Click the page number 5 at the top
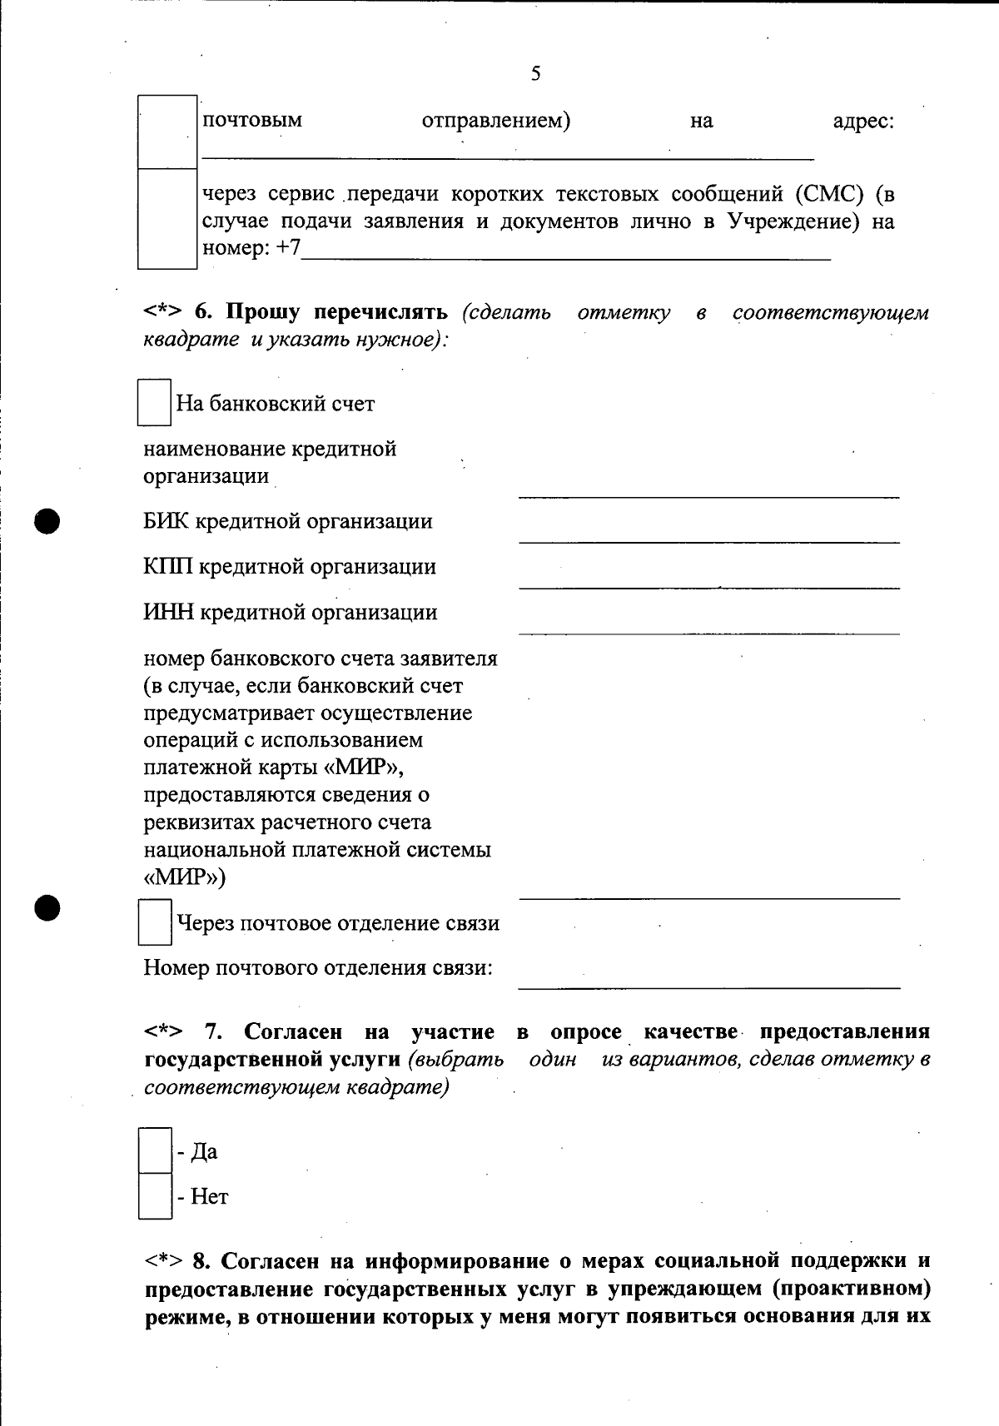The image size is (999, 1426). coord(535,74)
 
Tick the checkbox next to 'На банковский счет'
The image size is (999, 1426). coord(154,403)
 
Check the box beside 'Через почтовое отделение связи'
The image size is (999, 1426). coord(155,922)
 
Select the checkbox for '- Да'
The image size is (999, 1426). coord(155,1150)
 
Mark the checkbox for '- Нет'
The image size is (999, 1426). coord(155,1196)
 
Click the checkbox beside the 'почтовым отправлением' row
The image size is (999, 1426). coord(167,132)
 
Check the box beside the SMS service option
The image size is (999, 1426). coord(167,219)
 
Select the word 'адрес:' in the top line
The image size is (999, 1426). coord(863,122)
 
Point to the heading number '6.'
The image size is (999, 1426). coord(204,313)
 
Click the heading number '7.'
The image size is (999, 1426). coord(214,1032)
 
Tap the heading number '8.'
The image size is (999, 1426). coord(203,1262)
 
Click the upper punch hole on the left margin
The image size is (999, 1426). coord(48,521)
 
